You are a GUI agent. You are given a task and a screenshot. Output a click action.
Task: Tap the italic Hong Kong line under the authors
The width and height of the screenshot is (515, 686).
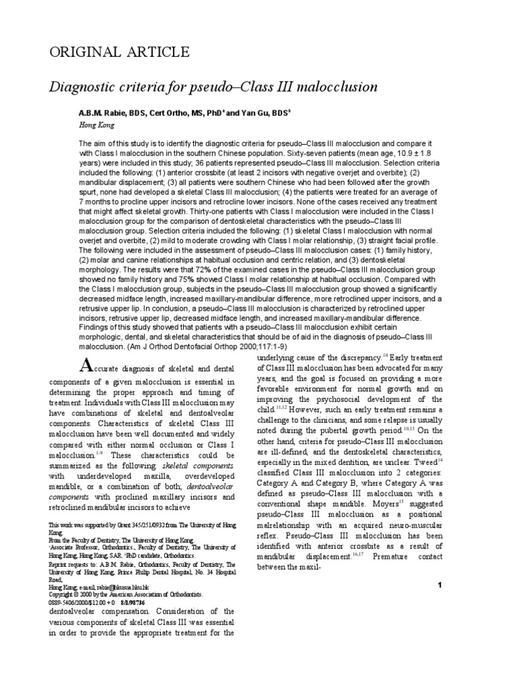tap(97, 125)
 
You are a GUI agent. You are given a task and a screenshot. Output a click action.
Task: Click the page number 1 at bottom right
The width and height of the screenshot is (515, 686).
tap(438, 586)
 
